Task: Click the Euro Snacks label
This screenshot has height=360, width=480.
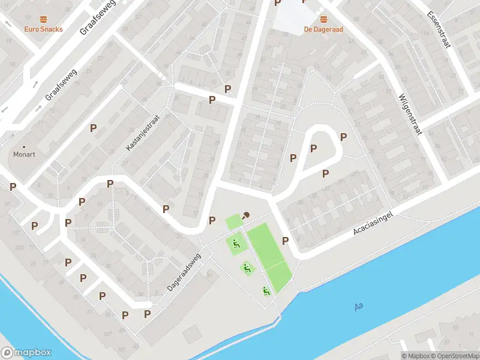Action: point(43,29)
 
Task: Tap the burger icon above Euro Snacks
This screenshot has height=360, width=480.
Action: point(43,19)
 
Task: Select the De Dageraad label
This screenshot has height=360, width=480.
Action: point(323,29)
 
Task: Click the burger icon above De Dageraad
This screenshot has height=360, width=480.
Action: point(323,19)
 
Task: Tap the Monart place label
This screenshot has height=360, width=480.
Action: point(25,154)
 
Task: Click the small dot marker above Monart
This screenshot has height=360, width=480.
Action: point(25,146)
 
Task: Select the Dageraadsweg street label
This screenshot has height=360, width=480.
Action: point(185,273)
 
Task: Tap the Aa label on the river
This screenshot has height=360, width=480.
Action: point(359,307)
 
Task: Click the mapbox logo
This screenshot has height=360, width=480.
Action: point(26,353)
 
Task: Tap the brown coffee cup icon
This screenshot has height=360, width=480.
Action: point(246,215)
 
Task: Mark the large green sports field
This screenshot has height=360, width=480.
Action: point(269,256)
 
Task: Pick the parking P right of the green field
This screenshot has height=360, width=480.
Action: point(286,241)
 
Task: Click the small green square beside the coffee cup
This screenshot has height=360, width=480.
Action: point(233,221)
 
